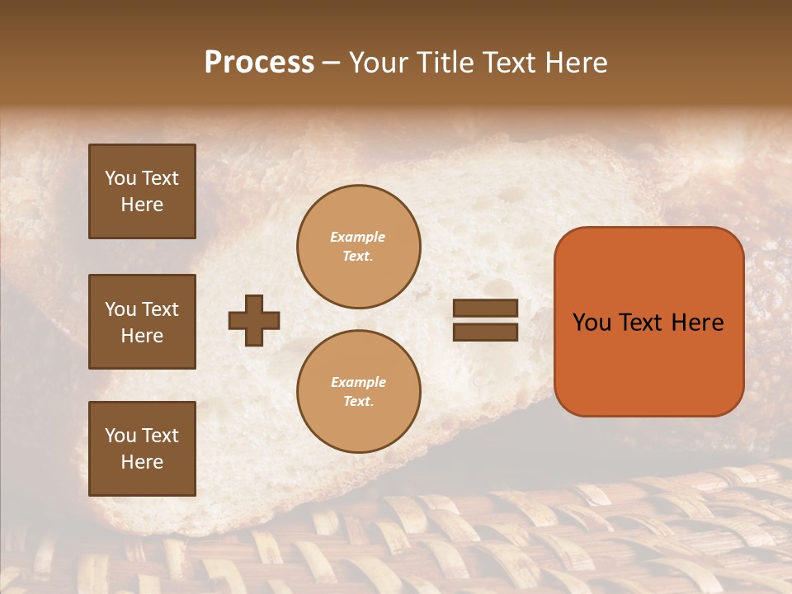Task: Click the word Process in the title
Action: tap(259, 63)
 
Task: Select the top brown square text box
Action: tap(142, 191)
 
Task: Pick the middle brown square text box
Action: tap(142, 322)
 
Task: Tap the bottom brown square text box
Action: tap(142, 449)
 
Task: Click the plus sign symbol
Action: tap(254, 320)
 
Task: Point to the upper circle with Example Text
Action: tap(358, 247)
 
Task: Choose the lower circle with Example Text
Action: tap(358, 392)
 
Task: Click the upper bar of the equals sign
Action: tap(485, 309)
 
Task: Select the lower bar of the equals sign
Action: tap(485, 332)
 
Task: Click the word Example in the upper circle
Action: tap(357, 237)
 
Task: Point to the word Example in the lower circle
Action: tap(358, 382)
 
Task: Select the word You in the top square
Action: tap(120, 178)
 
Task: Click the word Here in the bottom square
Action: tap(142, 462)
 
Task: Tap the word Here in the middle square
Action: tap(142, 336)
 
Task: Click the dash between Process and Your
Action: tap(331, 64)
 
